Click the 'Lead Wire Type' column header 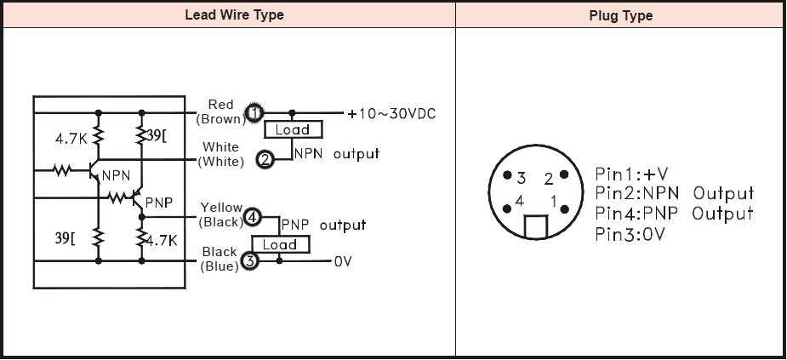click(234, 15)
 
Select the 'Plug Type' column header click(620, 15)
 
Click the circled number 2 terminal click(265, 158)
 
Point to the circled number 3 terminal click(249, 261)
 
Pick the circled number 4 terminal click(252, 217)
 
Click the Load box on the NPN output click(293, 130)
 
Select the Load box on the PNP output click(280, 244)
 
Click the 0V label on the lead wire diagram click(343, 262)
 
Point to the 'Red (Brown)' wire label click(220, 112)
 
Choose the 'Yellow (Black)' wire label click(220, 215)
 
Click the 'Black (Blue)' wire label click(220, 259)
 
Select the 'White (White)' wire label click(220, 154)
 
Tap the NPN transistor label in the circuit click(115, 175)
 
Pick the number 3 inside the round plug click(521, 178)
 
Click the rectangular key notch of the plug click(535, 226)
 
